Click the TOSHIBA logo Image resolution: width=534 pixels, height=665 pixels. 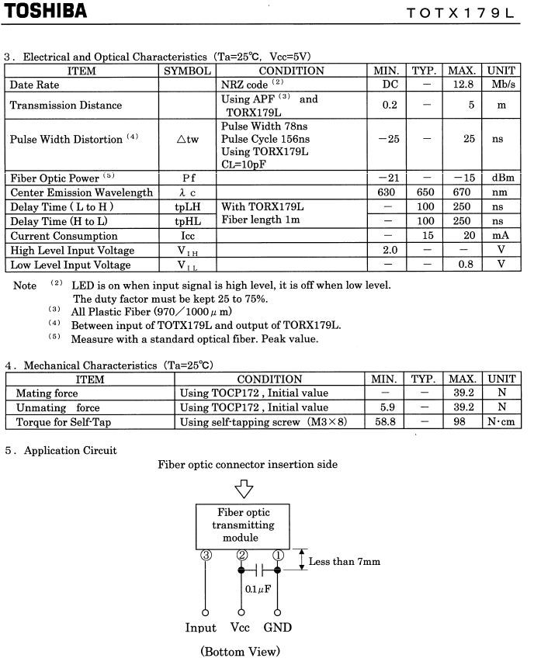(44, 11)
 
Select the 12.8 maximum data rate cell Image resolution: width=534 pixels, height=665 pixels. (463, 85)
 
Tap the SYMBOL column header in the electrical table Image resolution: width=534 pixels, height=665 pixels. (186, 71)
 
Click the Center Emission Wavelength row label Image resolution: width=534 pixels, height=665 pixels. (81, 192)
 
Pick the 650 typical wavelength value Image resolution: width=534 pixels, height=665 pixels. (426, 192)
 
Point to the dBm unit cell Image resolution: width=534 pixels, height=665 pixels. (501, 178)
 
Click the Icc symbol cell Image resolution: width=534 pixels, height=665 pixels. (187, 236)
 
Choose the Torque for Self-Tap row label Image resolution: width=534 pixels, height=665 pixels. (63, 422)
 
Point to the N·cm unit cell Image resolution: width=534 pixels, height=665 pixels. (501, 422)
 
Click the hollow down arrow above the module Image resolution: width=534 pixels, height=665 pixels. (244, 489)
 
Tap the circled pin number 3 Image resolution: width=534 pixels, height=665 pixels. (205, 556)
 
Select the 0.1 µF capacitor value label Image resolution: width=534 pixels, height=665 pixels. (258, 589)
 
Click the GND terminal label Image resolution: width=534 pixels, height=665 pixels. (277, 627)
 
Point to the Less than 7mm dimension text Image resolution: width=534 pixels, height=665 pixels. (345, 561)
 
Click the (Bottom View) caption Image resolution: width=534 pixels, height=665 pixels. (240, 651)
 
